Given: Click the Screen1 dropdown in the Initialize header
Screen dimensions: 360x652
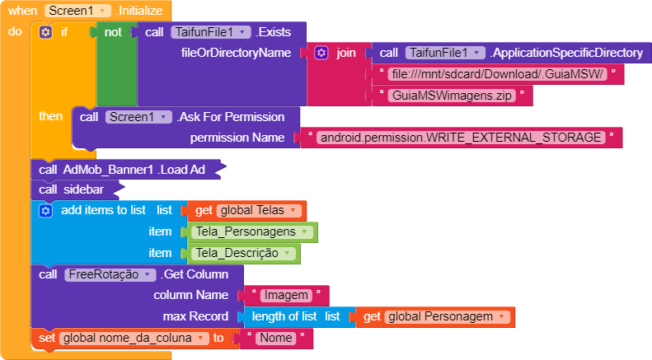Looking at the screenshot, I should pyautogui.click(x=77, y=11).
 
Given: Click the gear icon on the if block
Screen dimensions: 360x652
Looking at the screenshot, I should pyautogui.click(x=46, y=32).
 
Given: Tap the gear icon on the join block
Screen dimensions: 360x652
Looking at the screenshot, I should pyautogui.click(x=321, y=53).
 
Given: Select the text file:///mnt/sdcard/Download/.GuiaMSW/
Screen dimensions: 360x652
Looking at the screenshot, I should pyautogui.click(x=498, y=74).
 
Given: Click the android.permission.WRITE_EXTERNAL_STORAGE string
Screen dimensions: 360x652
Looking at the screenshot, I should pyautogui.click(x=461, y=138).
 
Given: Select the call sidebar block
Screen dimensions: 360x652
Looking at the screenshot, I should pyautogui.click(x=78, y=189).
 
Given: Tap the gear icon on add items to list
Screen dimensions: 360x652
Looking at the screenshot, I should pyautogui.click(x=46, y=210).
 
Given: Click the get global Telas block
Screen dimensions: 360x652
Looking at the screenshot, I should pyautogui.click(x=246, y=210).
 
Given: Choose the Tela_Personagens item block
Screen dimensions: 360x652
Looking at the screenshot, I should pyautogui.click(x=252, y=231).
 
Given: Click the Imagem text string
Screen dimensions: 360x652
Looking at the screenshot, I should pyautogui.click(x=284, y=295).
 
